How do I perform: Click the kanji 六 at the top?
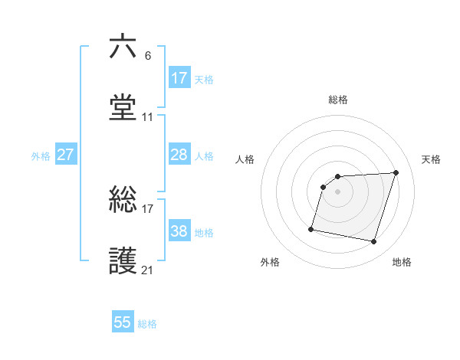pyautogui.click(x=123, y=47)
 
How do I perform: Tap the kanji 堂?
pyautogui.click(x=123, y=108)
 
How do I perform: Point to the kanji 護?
pyautogui.click(x=123, y=261)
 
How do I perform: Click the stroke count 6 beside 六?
pyautogui.click(x=148, y=56)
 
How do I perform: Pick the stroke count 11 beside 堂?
pyautogui.click(x=148, y=117)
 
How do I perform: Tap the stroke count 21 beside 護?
pyautogui.click(x=148, y=270)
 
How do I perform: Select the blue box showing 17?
pyautogui.click(x=179, y=78)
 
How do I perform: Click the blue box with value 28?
pyautogui.click(x=179, y=155)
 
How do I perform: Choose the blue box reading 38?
pyautogui.click(x=179, y=231)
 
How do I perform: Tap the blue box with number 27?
pyautogui.click(x=66, y=155)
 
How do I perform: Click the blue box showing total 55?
pyautogui.click(x=123, y=322)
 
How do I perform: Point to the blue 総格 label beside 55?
pyautogui.click(x=147, y=324)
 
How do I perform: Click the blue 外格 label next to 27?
pyautogui.click(x=41, y=156)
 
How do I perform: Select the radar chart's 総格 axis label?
pyautogui.click(x=338, y=100)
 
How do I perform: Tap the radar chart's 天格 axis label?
pyautogui.click(x=431, y=159)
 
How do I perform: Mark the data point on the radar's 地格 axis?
pyautogui.click(x=373, y=242)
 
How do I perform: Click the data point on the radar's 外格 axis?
pyautogui.click(x=311, y=229)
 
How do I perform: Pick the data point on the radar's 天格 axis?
pyautogui.click(x=396, y=173)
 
